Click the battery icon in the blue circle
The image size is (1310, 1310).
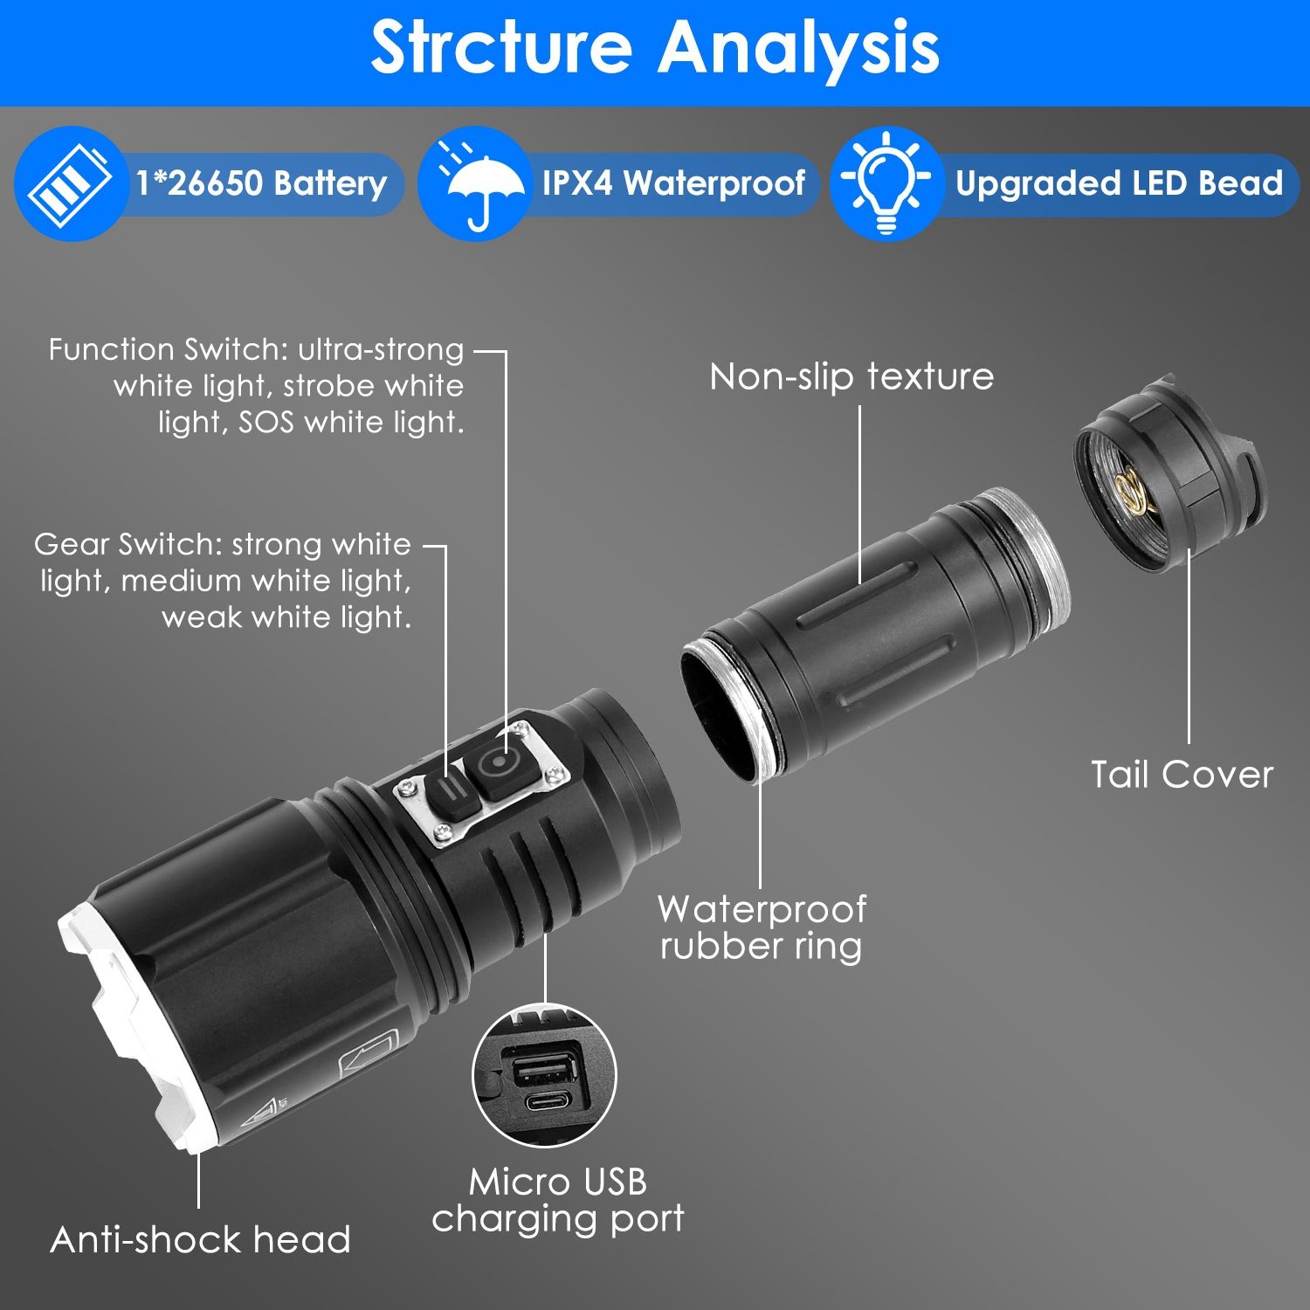[x=70, y=183]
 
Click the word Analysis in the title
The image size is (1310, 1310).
[x=798, y=47]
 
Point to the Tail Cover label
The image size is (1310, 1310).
[x=1182, y=775]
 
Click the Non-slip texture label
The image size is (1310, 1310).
[x=851, y=376]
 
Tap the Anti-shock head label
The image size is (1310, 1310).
[x=200, y=1239]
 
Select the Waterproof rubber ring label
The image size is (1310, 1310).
[x=762, y=927]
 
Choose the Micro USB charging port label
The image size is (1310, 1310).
[x=558, y=1200]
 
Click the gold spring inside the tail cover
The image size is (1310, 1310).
[x=1133, y=490]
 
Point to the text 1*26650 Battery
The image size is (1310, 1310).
[x=260, y=183]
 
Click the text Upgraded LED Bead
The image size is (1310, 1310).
[x=1118, y=183]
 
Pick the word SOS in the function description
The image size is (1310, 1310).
[x=265, y=423]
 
